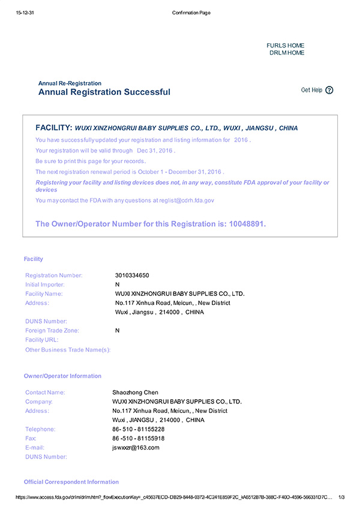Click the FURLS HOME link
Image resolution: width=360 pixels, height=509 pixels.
(x=285, y=46)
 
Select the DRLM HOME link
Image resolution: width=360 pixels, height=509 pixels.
(x=287, y=53)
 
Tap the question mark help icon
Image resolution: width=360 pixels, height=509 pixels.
(x=329, y=90)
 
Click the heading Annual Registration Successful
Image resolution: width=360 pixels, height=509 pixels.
(x=104, y=92)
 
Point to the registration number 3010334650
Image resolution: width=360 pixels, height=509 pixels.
(x=131, y=276)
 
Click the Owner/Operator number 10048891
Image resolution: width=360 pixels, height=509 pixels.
(x=246, y=224)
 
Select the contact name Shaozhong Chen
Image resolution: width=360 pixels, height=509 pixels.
(x=135, y=393)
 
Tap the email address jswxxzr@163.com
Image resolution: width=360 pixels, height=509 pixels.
(x=136, y=448)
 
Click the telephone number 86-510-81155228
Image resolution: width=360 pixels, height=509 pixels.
(x=138, y=429)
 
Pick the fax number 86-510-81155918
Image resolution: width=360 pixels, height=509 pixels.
(x=138, y=439)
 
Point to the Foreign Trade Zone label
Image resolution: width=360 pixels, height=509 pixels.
(x=52, y=331)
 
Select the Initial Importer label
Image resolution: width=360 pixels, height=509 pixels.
(x=45, y=285)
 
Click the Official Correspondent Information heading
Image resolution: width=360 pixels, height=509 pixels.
(x=71, y=482)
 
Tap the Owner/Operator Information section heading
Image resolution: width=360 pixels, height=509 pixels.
(x=62, y=376)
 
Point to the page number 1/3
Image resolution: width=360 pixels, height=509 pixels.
(x=342, y=497)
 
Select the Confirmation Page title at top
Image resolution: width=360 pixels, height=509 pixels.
(x=191, y=13)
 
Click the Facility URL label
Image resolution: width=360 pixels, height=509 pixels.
(x=42, y=340)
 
